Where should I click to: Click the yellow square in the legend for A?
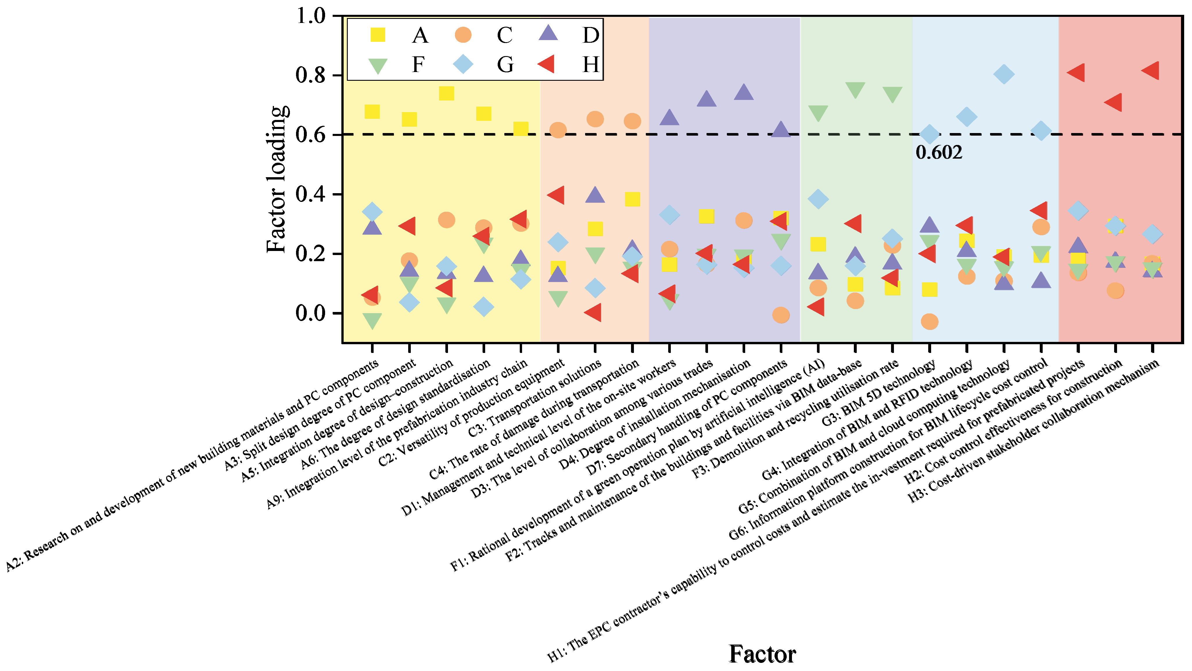pyautogui.click(x=378, y=35)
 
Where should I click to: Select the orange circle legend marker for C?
pyautogui.click(x=463, y=35)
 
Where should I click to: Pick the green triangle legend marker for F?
pyautogui.click(x=378, y=65)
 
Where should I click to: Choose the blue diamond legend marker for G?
pyautogui.click(x=463, y=64)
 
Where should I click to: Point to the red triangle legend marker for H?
pyautogui.click(x=547, y=64)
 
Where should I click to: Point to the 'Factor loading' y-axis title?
pyautogui.click(x=277, y=180)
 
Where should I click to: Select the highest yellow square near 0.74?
pyautogui.click(x=446, y=94)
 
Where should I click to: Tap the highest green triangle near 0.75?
pyautogui.click(x=855, y=89)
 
